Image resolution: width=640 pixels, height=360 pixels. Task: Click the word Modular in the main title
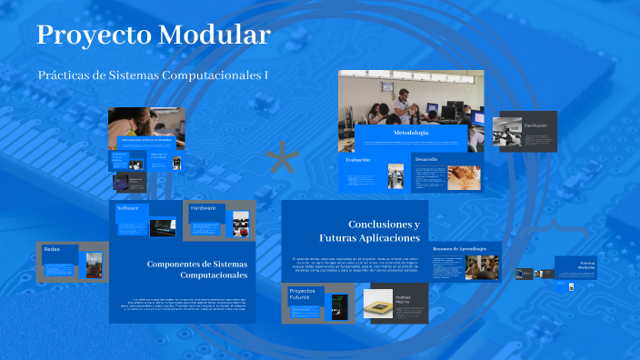215,35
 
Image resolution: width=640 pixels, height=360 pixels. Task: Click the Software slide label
127,208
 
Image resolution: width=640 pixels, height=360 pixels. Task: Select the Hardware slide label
204,208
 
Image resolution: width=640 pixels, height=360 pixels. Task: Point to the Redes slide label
52,249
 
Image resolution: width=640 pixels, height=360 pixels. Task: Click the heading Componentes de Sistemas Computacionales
196,269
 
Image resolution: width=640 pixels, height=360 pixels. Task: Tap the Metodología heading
411,134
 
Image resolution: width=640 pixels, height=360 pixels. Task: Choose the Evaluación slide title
358,159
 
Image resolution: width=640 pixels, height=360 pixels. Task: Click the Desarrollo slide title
427,159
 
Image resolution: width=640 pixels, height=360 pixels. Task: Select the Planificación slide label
536,125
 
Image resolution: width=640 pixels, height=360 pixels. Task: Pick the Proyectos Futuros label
301,295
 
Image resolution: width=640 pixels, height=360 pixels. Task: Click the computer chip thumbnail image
378,302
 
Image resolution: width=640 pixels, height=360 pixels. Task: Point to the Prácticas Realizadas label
586,265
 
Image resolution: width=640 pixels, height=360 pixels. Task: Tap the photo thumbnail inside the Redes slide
94,265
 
